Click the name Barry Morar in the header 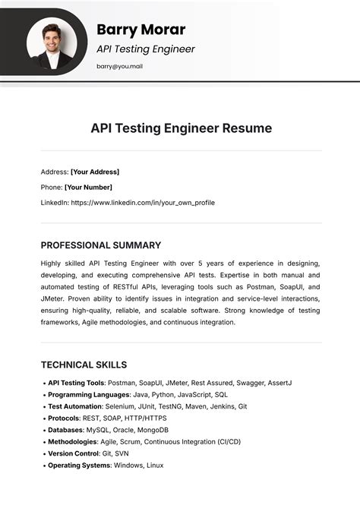click(141, 30)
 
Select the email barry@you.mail click(119, 66)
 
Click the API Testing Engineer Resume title click(181, 128)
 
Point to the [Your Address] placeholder click(95, 172)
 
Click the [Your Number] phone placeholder click(88, 187)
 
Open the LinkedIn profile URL click(143, 203)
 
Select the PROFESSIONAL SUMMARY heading click(100, 245)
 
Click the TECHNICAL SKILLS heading click(84, 364)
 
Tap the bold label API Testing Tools click(76, 383)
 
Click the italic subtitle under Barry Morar click(145, 49)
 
